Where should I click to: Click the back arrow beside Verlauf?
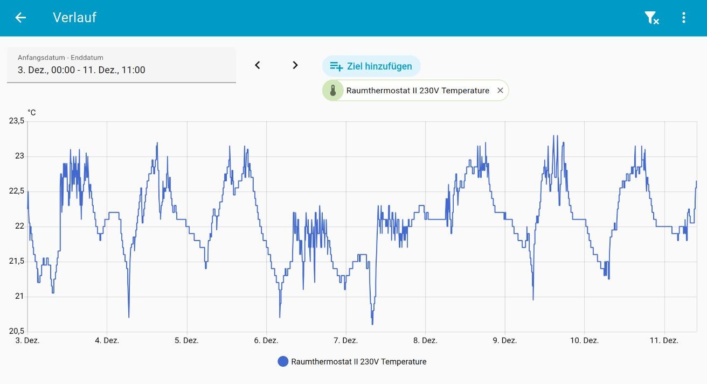pos(20,18)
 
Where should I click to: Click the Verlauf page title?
pos(74,17)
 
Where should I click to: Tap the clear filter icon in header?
pos(651,18)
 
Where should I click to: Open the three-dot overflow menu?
pos(683,18)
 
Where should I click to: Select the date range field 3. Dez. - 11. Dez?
pos(121,65)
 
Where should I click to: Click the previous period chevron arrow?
pos(258,65)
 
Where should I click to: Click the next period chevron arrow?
pos(295,65)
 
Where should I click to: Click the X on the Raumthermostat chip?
pos(500,91)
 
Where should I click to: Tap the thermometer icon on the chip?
pos(333,91)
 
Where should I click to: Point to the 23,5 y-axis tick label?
pos(17,121)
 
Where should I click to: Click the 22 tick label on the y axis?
pos(20,226)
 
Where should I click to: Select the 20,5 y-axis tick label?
pos(17,331)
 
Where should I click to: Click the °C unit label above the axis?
pos(32,113)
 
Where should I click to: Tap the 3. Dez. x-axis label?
pos(28,340)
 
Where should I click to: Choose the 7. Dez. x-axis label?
pos(345,340)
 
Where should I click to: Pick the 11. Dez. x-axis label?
pos(663,340)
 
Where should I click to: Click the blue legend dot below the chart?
pos(283,361)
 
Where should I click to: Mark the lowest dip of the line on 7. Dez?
pos(372,324)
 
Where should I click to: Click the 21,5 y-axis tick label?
pos(17,261)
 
